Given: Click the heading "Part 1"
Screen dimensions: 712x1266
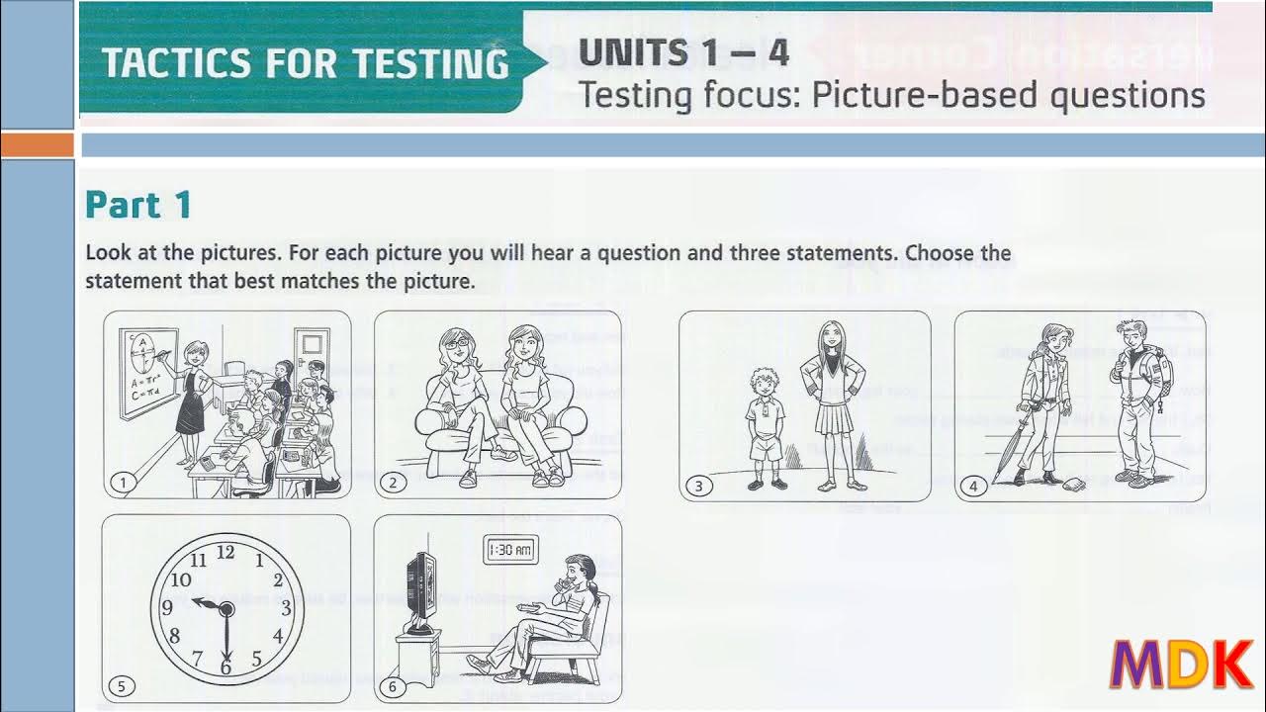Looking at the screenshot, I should click(138, 205).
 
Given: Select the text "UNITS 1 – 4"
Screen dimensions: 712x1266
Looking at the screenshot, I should click(683, 52).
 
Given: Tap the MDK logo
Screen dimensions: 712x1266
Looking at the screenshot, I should click(1182, 666).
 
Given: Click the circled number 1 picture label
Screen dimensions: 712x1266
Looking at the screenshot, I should click(123, 483).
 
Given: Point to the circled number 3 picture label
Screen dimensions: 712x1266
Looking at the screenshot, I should click(698, 486).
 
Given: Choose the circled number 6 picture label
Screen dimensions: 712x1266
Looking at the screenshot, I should click(393, 687).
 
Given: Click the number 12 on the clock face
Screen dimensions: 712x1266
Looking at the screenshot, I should click(226, 553).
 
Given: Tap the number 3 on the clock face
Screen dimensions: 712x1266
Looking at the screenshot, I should click(286, 608).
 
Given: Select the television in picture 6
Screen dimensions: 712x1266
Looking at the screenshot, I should click(420, 591).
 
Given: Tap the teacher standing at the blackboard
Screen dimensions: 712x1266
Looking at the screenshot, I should click(193, 396).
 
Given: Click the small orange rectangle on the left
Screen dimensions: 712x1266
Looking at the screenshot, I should click(37, 145).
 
